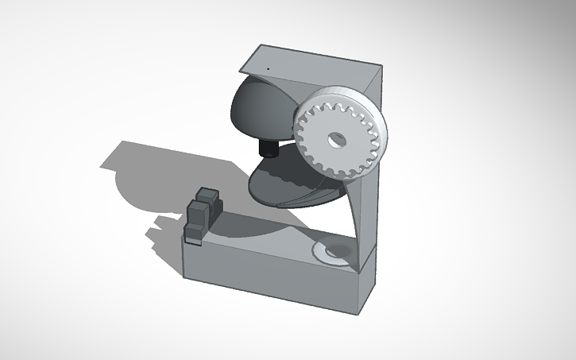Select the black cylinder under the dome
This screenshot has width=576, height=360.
(x=269, y=148)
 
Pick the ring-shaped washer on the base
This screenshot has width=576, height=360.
(x=331, y=254)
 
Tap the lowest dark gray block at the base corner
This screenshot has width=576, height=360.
(x=195, y=233)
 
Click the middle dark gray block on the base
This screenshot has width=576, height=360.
(x=199, y=213)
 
